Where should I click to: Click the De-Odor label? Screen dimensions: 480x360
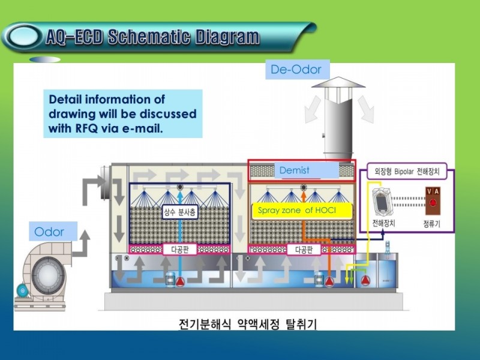click(296, 70)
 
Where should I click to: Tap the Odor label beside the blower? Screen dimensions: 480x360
click(49, 232)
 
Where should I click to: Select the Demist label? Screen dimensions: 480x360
click(294, 170)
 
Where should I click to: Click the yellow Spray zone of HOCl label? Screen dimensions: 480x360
click(296, 211)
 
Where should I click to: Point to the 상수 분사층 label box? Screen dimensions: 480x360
click(179, 212)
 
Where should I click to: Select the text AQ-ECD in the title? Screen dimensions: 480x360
click(76, 37)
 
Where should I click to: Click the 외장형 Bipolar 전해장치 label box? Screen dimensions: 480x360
click(407, 171)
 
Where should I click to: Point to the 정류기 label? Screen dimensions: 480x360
click(431, 224)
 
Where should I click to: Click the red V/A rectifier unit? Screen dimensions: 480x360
click(433, 201)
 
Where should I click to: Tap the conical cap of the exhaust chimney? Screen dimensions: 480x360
click(338, 82)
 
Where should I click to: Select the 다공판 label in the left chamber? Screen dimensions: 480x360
click(179, 250)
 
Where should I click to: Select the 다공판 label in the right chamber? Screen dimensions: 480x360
click(304, 250)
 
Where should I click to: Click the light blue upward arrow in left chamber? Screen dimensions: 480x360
click(180, 236)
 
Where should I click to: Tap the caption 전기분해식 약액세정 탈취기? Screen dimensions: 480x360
click(247, 324)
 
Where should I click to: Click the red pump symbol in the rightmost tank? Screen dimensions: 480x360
click(365, 280)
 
